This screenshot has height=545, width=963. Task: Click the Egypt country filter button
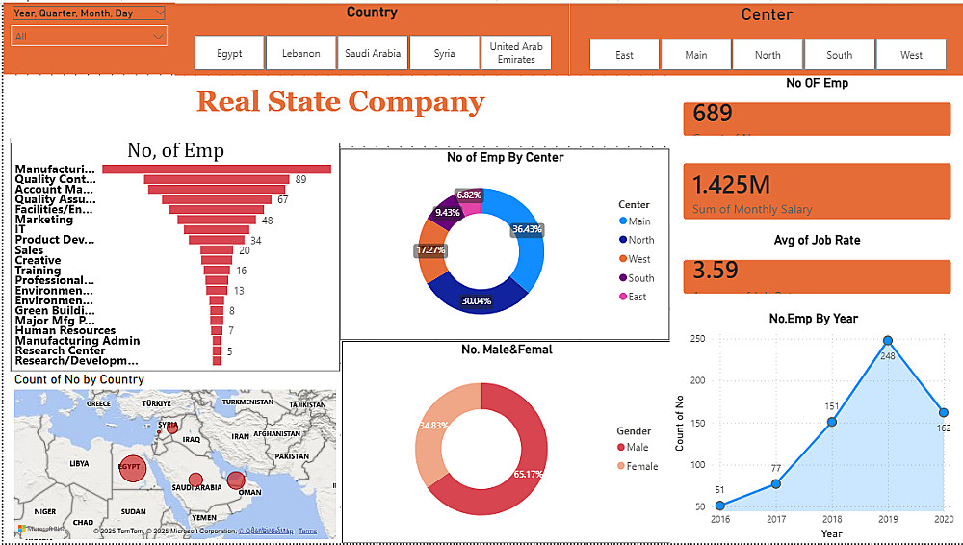pyautogui.click(x=229, y=54)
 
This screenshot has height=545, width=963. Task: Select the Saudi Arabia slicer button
pyautogui.click(x=373, y=54)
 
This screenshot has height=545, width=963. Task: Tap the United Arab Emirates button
pyautogui.click(x=516, y=54)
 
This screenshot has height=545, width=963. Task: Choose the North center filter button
pyautogui.click(x=768, y=55)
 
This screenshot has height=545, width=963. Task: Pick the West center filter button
pyautogui.click(x=911, y=55)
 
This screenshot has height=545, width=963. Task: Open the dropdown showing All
pyautogui.click(x=89, y=37)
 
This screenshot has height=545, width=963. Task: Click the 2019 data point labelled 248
pyautogui.click(x=888, y=341)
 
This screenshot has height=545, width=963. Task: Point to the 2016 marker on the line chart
pyautogui.click(x=720, y=506)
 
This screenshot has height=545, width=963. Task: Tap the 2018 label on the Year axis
pyautogui.click(x=832, y=520)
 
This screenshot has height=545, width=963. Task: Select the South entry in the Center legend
pyautogui.click(x=640, y=278)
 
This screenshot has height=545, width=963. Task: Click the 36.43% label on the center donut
pyautogui.click(x=527, y=229)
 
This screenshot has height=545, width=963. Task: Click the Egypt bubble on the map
pyautogui.click(x=130, y=468)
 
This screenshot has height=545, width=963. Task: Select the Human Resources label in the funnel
pyautogui.click(x=65, y=330)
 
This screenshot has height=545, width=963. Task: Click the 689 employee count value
pyautogui.click(x=713, y=114)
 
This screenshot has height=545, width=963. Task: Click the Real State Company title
pyautogui.click(x=340, y=101)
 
